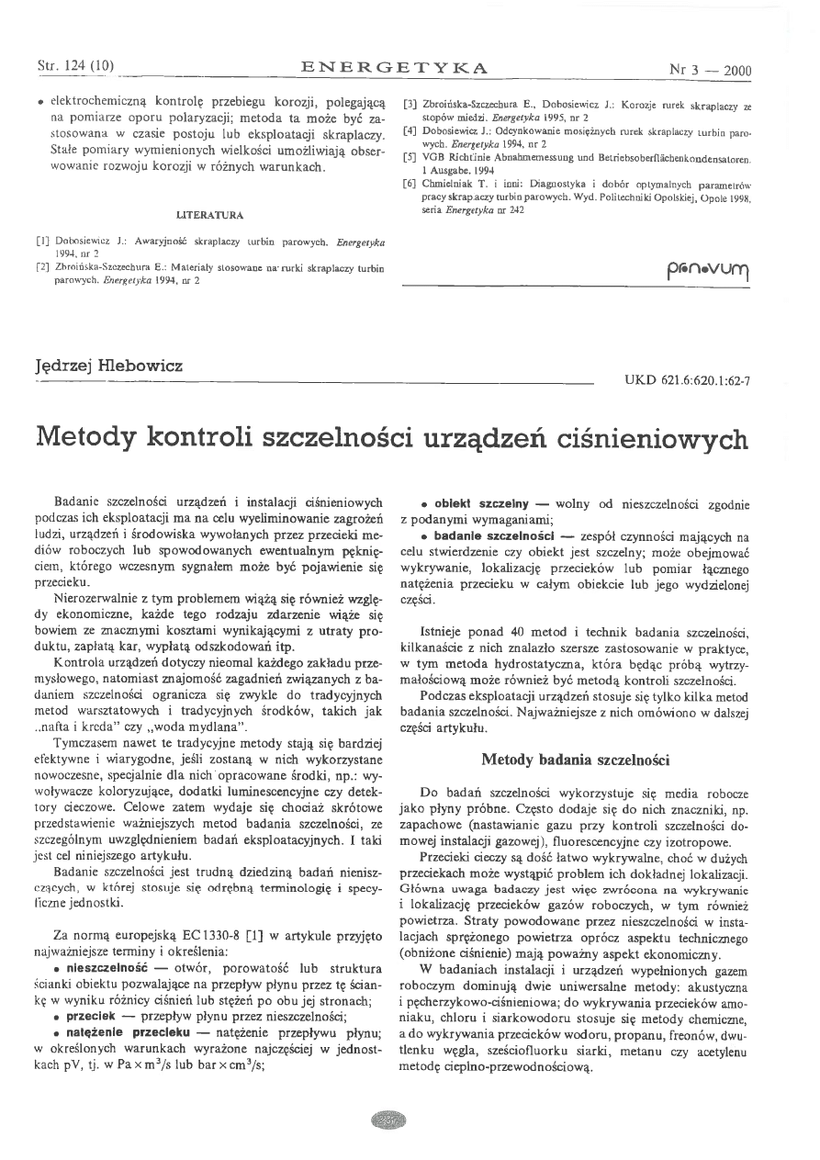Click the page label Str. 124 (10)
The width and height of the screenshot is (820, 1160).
pyautogui.click(x=74, y=67)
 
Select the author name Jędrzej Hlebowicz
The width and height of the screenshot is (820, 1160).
pyautogui.click(x=108, y=366)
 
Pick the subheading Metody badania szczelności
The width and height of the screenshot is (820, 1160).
pyautogui.click(x=575, y=760)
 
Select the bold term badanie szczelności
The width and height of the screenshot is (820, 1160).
pyautogui.click(x=486, y=535)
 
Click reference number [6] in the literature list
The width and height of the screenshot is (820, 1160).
pyautogui.click(x=410, y=183)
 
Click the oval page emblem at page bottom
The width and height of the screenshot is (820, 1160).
pyautogui.click(x=389, y=1120)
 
